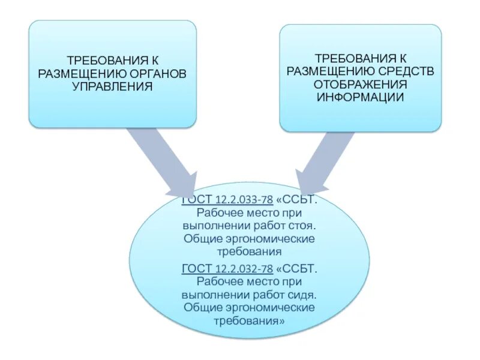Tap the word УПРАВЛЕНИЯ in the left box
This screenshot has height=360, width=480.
(x=112, y=86)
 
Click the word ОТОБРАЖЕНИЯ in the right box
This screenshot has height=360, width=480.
(x=361, y=85)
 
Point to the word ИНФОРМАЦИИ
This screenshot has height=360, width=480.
(x=361, y=97)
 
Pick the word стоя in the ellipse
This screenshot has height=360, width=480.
(x=299, y=226)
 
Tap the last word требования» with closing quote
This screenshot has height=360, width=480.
(x=248, y=320)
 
